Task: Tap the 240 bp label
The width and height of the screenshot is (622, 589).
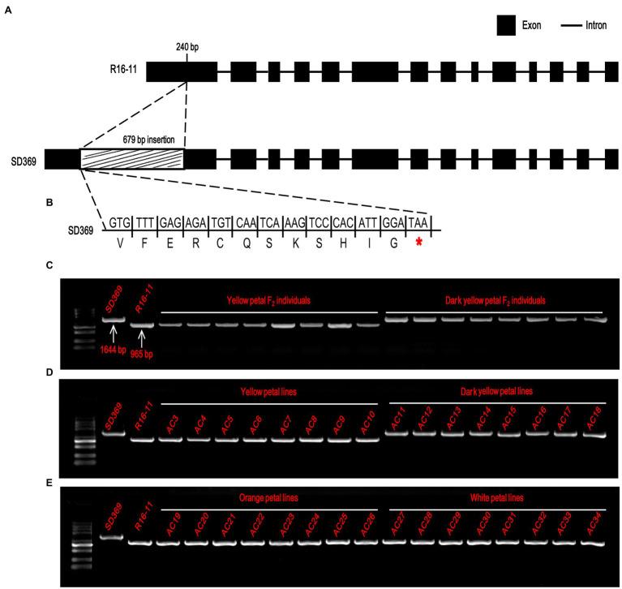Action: [x=187, y=46]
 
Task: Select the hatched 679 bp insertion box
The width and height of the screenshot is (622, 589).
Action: [x=132, y=158]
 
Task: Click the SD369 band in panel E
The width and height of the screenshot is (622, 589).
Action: [x=111, y=537]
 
